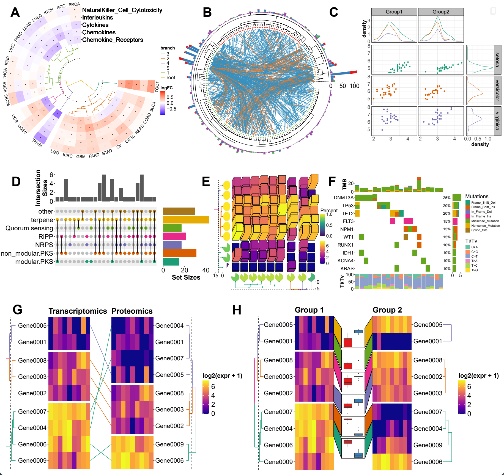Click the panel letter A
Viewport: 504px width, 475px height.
click(x=15, y=12)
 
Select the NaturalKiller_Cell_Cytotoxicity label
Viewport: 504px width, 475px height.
click(x=122, y=10)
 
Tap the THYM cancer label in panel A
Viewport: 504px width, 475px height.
click(x=37, y=143)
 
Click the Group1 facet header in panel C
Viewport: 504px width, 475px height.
click(x=394, y=12)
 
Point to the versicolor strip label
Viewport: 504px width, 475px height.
click(x=497, y=90)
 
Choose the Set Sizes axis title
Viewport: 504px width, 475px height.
click(x=186, y=277)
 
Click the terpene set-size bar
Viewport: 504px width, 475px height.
click(x=186, y=220)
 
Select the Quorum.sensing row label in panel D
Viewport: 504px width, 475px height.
click(x=29, y=228)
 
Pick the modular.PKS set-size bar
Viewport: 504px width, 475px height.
click(x=171, y=262)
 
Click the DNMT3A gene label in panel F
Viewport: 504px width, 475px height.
click(x=344, y=198)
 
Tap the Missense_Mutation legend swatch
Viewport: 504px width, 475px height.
click(x=468, y=221)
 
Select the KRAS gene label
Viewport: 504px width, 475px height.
click(x=347, y=269)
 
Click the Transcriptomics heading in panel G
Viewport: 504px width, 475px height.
click(x=78, y=311)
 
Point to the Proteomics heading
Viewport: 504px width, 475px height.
click(x=132, y=311)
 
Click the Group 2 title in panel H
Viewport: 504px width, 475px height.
click(x=387, y=310)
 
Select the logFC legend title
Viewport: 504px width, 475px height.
click(x=166, y=88)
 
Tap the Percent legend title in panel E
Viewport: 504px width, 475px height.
click(x=329, y=210)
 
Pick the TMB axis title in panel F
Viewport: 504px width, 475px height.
click(x=344, y=184)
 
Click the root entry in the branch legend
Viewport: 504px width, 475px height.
click(x=171, y=78)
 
